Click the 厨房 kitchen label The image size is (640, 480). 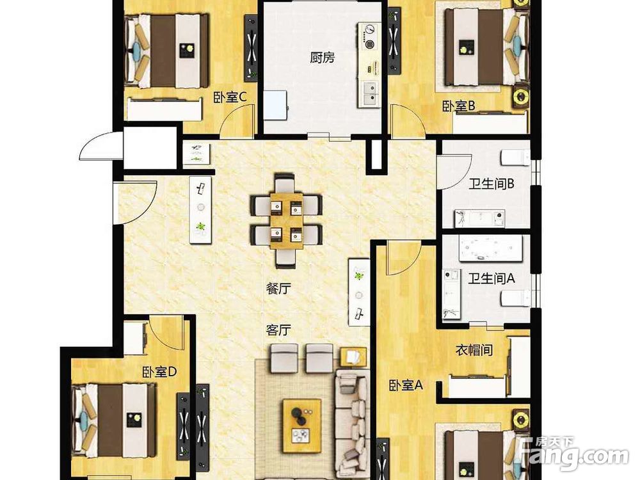click(322, 58)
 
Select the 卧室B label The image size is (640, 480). click(459, 106)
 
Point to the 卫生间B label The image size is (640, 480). click(491, 184)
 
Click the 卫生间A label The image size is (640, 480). click(491, 279)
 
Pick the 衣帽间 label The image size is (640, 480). click(474, 350)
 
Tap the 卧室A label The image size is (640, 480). click(406, 385)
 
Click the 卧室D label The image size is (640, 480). click(159, 372)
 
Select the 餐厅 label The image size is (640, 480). click(278, 289)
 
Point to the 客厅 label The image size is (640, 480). click(278, 330)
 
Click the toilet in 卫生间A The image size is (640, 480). click(515, 298)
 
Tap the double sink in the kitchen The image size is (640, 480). click(370, 94)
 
